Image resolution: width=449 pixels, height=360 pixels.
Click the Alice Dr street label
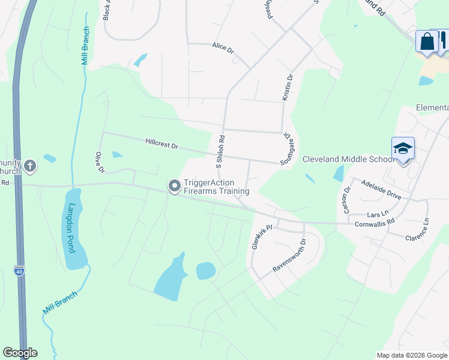coord(223,47)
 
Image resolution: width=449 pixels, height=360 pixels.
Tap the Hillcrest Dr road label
coord(162,145)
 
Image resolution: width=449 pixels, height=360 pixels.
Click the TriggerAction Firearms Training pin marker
coord(175,187)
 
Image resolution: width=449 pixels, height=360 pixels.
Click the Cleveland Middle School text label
coord(349,159)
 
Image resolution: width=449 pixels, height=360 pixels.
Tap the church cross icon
coord(31,166)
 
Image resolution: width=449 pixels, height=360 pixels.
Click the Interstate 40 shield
coord(19,272)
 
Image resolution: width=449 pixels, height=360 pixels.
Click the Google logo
coord(20,353)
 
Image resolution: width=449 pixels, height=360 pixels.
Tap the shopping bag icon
coord(427,42)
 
